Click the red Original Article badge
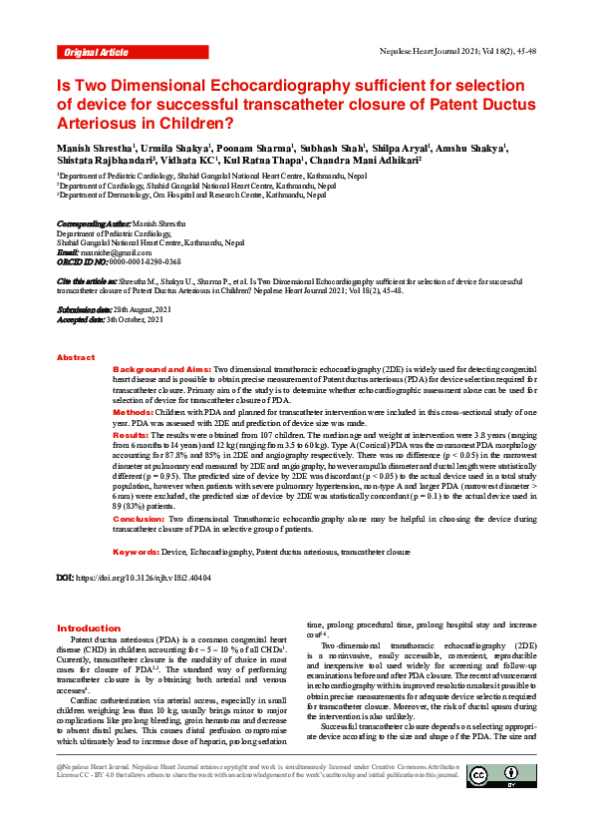click(96, 51)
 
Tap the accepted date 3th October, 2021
click(135, 320)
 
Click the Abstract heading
click(76, 357)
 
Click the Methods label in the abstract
click(133, 412)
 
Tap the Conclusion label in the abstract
click(139, 520)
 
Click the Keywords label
click(137, 552)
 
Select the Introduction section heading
click(89, 628)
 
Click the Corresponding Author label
click(94, 224)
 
